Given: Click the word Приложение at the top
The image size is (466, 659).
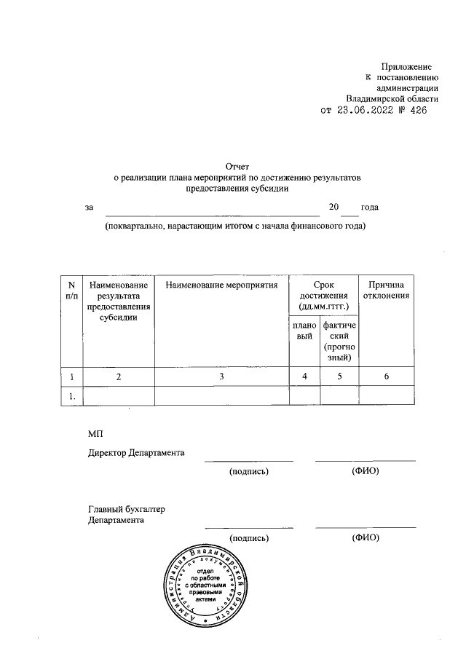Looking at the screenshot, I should click(x=412, y=66).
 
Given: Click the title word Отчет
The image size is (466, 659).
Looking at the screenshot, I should click(x=237, y=166).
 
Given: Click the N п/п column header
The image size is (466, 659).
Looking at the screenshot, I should click(x=71, y=290).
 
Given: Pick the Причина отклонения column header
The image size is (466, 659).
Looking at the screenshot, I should click(x=389, y=290).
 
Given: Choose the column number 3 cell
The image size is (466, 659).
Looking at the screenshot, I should click(x=222, y=376).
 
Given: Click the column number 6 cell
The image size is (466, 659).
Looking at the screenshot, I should click(x=389, y=376).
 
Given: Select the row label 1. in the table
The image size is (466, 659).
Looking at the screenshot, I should click(x=71, y=396).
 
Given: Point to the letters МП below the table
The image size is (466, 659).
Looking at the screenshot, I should click(x=95, y=433).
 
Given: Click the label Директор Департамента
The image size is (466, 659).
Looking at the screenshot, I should click(x=136, y=453).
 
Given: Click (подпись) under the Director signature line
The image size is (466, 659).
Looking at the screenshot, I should click(x=249, y=471).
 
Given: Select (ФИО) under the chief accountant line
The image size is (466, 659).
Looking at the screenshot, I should click(x=365, y=538).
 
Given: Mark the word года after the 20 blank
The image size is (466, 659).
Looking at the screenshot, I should click(x=369, y=208).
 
